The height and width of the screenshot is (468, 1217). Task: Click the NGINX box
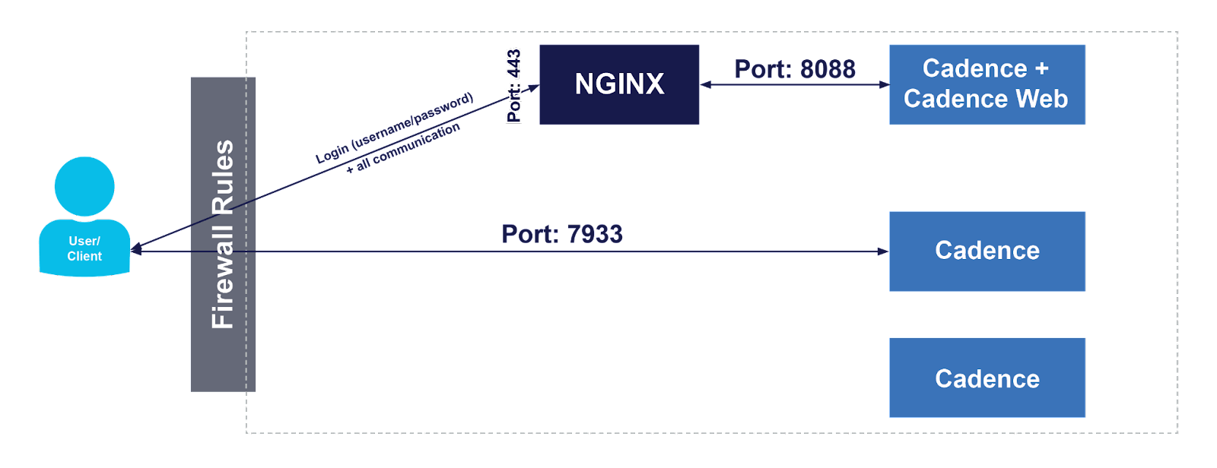[x=619, y=84]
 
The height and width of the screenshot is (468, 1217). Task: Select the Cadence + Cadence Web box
[x=987, y=84]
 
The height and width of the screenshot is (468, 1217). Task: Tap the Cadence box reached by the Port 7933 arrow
[x=987, y=251]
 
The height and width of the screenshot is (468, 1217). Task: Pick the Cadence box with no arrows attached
[x=987, y=378]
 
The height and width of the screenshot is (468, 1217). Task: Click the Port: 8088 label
[x=795, y=69]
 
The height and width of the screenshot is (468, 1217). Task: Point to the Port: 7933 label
[x=562, y=234]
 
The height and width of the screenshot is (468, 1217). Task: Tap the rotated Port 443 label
[x=514, y=85]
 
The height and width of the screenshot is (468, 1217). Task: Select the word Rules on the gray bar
[x=222, y=176]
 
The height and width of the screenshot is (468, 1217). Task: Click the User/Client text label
[x=84, y=248]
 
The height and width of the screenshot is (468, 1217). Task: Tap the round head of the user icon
[x=84, y=186]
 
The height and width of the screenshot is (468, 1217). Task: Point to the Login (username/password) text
[x=394, y=128]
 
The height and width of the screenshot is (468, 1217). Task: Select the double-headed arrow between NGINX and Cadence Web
[x=794, y=84]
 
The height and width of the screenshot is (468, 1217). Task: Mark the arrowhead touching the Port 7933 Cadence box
[x=883, y=251]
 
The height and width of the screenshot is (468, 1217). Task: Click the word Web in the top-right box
[x=1041, y=99]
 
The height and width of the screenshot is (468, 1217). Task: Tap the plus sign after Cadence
[x=1041, y=68]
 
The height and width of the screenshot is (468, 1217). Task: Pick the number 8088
[x=828, y=69]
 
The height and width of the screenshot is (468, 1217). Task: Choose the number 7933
[x=594, y=234]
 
